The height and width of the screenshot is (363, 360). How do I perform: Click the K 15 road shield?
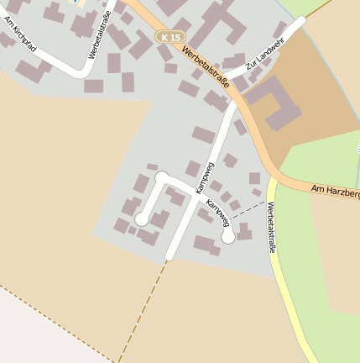(x=170, y=38)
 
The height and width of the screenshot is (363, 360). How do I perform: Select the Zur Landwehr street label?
(x=260, y=55)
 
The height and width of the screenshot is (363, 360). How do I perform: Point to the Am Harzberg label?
(x=335, y=192)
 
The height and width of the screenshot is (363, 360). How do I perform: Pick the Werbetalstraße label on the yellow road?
(x=272, y=228)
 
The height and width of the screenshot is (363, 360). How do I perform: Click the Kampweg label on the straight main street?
(x=201, y=178)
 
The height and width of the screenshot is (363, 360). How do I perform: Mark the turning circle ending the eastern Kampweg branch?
(x=228, y=237)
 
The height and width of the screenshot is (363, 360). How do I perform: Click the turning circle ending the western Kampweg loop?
(x=142, y=219)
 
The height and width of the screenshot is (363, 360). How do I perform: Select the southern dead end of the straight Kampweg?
(x=170, y=255)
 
